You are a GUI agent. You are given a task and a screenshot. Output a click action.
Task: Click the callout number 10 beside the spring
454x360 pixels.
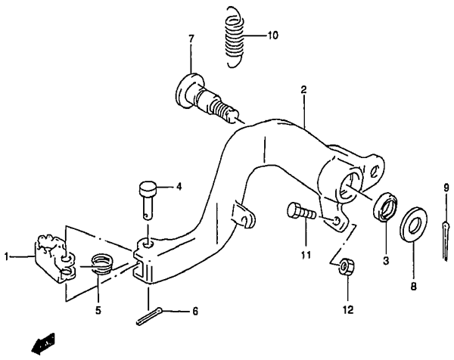point(272,36)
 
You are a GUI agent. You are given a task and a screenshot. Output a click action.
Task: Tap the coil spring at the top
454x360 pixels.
point(234,37)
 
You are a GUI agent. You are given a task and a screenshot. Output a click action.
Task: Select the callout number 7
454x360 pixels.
point(191,39)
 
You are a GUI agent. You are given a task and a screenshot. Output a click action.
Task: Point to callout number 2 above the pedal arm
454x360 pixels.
point(303,90)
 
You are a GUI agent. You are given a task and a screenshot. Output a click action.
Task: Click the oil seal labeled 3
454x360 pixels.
point(385,207)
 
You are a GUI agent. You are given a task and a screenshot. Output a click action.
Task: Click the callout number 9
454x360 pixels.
point(446,188)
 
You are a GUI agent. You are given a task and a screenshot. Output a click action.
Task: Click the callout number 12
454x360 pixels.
point(348,310)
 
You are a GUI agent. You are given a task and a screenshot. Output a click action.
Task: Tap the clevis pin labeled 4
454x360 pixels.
point(148,200)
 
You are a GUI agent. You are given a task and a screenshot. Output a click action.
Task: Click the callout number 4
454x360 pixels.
point(179,187)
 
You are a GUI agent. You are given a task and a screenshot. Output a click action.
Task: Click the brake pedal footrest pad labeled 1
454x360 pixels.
point(55,258)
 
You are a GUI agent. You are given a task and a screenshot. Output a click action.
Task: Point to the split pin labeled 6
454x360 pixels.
point(149,316)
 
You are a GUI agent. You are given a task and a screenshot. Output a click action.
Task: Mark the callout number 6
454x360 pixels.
point(195,312)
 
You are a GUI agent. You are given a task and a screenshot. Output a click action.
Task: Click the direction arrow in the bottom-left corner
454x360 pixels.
point(43,343)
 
